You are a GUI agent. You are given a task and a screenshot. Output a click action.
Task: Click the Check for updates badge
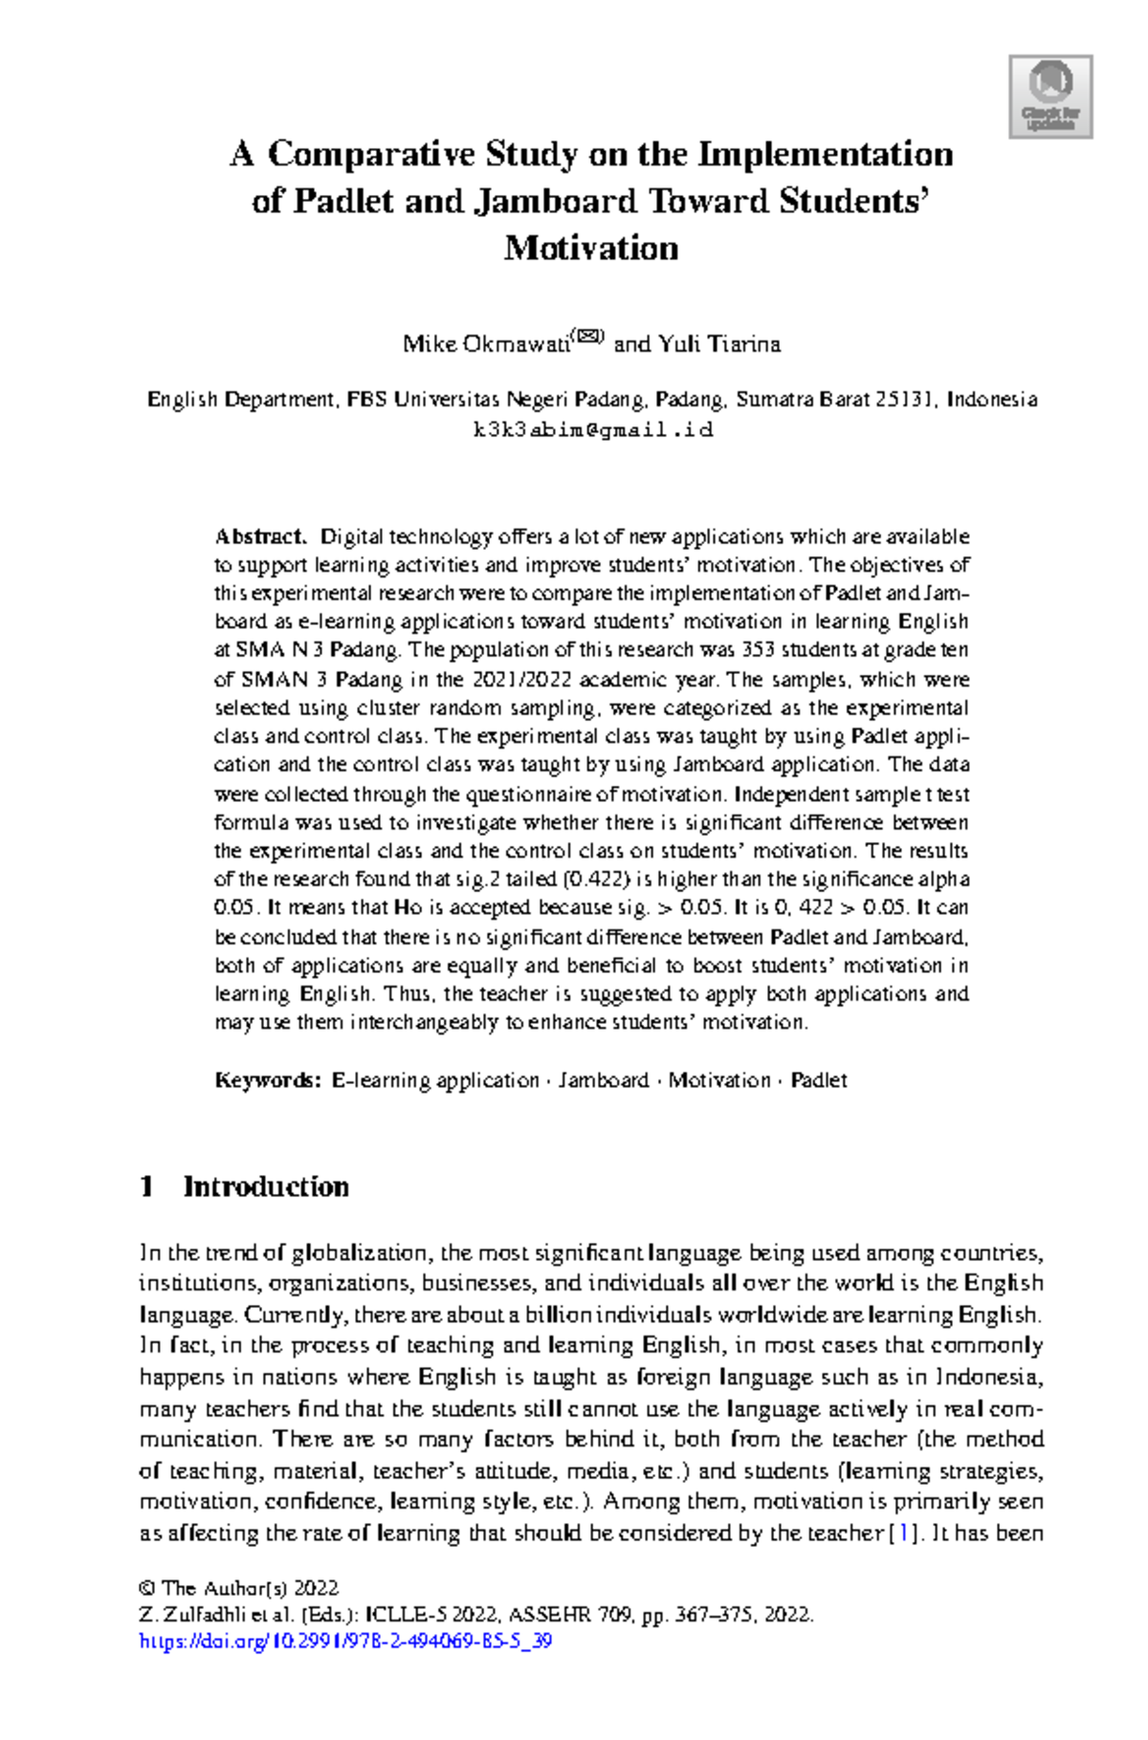[1050, 97]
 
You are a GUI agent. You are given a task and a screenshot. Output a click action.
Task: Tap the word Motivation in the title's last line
[591, 249]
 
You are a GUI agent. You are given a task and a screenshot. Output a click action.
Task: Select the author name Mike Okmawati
[485, 344]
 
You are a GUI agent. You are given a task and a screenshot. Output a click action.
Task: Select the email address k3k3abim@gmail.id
[592, 429]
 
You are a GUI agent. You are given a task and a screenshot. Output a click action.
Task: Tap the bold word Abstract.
[260, 536]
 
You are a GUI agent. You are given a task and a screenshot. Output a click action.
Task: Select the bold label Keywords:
[268, 1080]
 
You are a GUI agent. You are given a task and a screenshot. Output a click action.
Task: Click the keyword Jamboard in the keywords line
[604, 1080]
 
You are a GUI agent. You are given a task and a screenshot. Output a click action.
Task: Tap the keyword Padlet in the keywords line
[819, 1080]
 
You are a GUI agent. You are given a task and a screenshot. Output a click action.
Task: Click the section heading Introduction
[266, 1186]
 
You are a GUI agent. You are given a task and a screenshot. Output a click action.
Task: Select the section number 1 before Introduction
[146, 1186]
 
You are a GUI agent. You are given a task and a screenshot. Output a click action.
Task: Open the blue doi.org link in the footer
[345, 1642]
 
